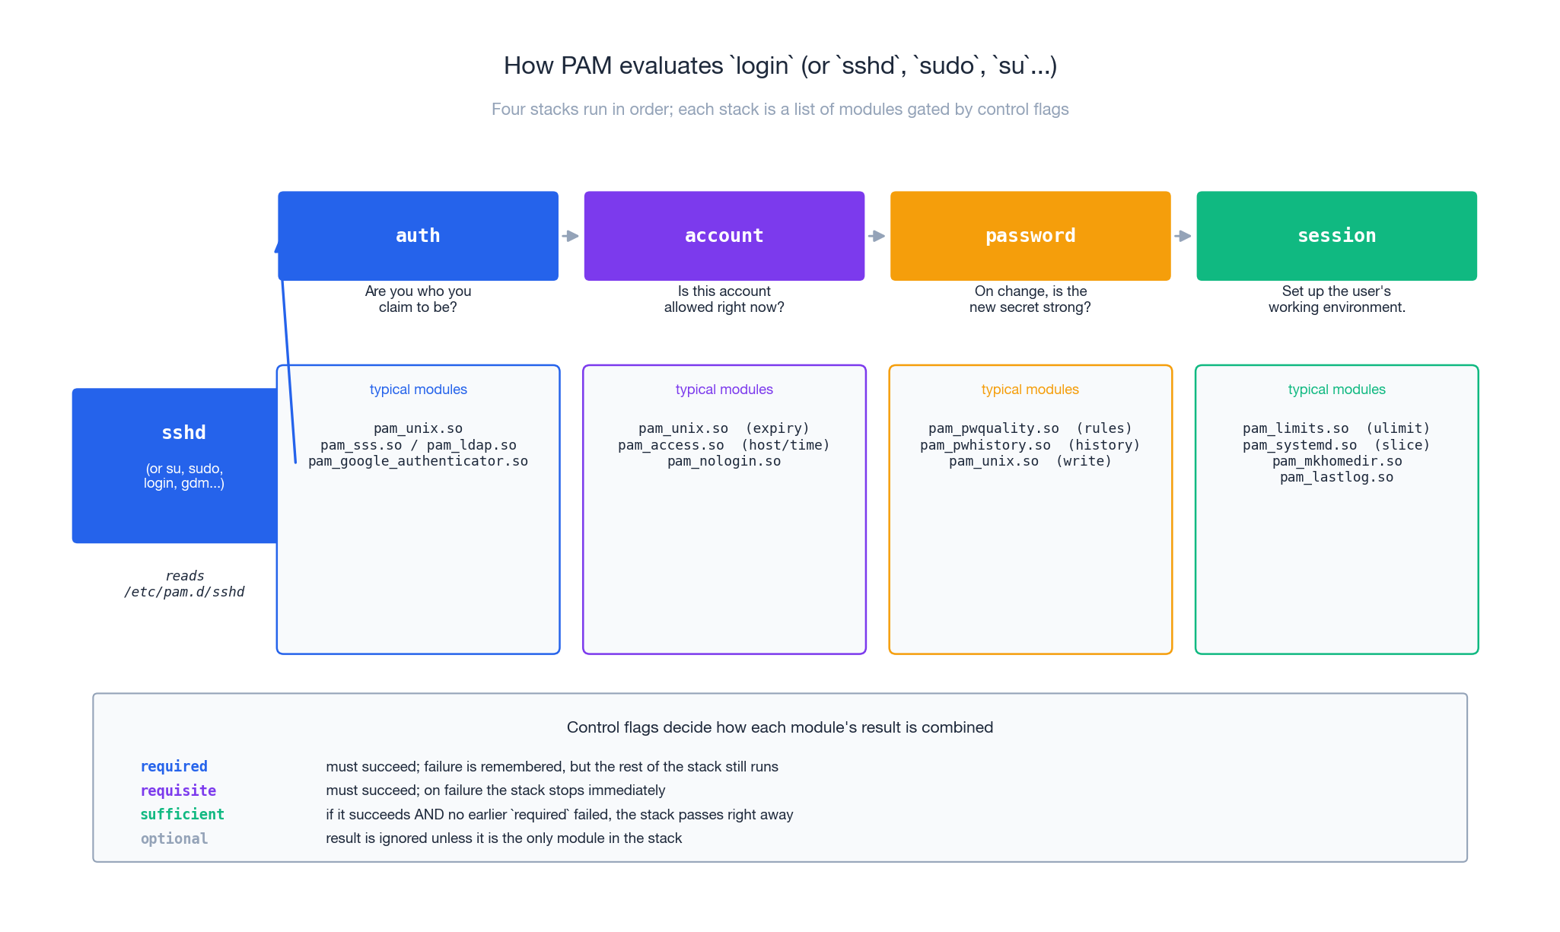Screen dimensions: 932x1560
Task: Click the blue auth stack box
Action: (x=418, y=236)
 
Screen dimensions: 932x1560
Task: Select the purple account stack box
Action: (x=724, y=236)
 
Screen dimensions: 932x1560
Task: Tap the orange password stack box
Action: (x=1030, y=236)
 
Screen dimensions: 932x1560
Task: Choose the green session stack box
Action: (x=1336, y=236)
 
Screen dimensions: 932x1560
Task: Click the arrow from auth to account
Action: (x=571, y=236)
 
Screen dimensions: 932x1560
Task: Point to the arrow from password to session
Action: (x=1183, y=236)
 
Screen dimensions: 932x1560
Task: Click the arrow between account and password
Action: (x=877, y=236)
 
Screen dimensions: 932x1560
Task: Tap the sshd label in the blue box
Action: (x=183, y=433)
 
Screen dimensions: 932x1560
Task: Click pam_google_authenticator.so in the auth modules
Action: (x=418, y=461)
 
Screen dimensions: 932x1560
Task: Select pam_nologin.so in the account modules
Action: (x=724, y=461)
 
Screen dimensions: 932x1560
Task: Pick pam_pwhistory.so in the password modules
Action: (x=985, y=445)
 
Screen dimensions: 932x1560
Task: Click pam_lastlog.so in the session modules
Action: (x=1336, y=477)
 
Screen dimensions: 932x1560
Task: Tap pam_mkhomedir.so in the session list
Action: (x=1336, y=461)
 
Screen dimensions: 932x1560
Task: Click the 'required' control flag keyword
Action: (x=174, y=766)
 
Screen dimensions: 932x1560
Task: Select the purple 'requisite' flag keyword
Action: (x=178, y=790)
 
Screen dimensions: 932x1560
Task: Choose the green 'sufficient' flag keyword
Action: (x=182, y=814)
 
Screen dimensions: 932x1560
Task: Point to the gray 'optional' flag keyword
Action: (x=174, y=838)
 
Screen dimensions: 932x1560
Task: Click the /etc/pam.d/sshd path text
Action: (x=184, y=592)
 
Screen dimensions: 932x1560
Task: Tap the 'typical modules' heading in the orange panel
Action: (x=1030, y=390)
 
